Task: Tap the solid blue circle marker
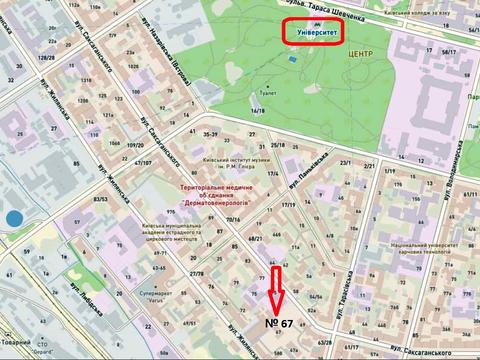13,218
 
